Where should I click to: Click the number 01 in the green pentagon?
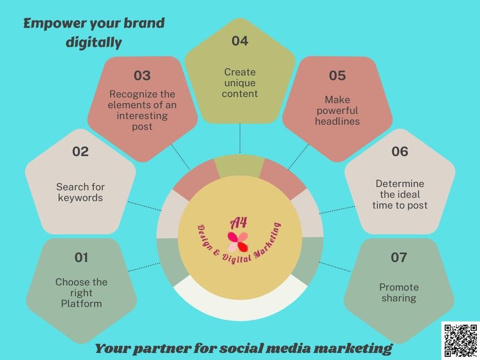[81, 257]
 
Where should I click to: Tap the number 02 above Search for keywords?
[80, 151]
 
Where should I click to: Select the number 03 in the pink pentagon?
[142, 75]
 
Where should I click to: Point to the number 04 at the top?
[240, 41]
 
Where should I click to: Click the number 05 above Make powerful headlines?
[337, 75]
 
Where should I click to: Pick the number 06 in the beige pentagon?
[399, 151]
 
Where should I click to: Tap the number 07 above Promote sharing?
[399, 257]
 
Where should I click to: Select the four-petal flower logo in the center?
[238, 241]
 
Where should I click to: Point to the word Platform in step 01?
[81, 304]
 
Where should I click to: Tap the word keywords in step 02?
[80, 198]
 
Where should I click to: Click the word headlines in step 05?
[337, 121]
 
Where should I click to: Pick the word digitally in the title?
[93, 43]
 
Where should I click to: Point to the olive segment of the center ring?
[240, 165]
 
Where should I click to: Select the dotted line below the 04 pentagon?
[240, 138]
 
